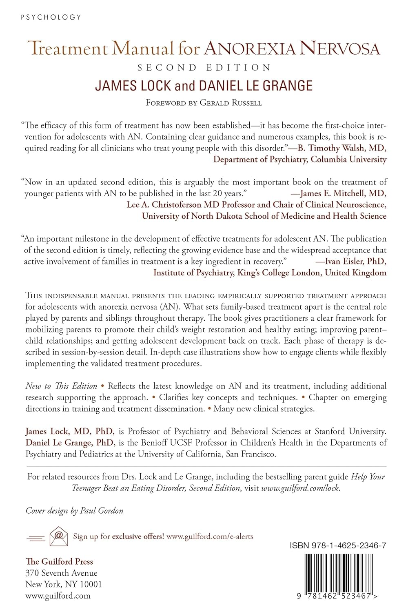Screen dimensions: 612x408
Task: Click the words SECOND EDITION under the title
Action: click(204, 68)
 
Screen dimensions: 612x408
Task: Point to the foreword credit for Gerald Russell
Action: click(204, 103)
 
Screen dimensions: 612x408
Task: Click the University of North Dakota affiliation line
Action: click(264, 216)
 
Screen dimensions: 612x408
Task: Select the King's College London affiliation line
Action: click(270, 273)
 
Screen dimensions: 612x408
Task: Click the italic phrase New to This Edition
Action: click(61, 386)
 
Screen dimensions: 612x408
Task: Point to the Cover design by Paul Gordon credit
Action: click(74, 510)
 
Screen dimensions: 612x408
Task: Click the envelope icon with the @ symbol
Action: click(58, 535)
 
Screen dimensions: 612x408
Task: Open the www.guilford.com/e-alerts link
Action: click(210, 536)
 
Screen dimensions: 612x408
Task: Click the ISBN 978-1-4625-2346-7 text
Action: click(338, 546)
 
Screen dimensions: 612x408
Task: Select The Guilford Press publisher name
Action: click(59, 561)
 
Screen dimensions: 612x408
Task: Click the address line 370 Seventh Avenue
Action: click(61, 573)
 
